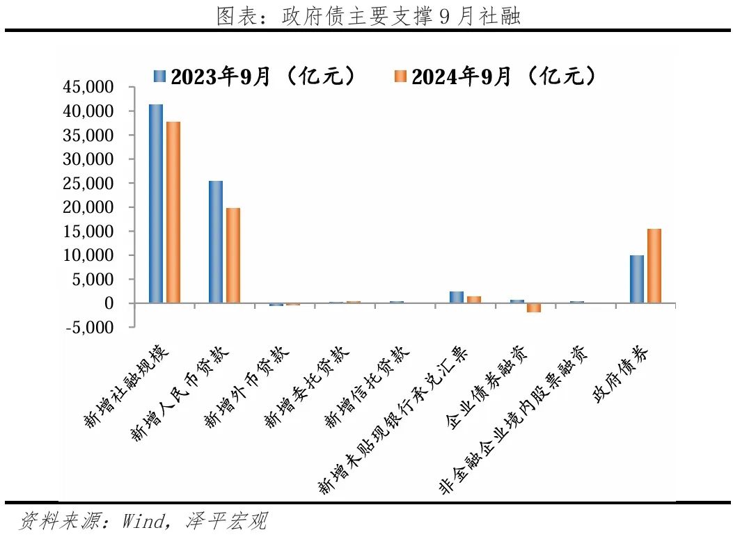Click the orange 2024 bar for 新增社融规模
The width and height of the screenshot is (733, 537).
(173, 212)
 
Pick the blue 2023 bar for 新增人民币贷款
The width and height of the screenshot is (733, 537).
(216, 242)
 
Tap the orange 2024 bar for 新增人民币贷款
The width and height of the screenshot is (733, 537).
(233, 255)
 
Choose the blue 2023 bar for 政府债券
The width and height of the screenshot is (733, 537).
(637, 279)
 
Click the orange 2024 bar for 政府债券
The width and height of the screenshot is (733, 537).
(654, 266)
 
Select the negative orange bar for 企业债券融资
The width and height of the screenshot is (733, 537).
(534, 307)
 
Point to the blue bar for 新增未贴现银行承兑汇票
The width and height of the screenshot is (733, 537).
(457, 297)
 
